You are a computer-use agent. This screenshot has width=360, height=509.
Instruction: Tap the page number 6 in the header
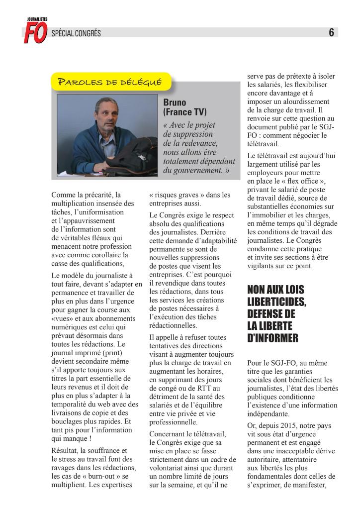click(x=331, y=33)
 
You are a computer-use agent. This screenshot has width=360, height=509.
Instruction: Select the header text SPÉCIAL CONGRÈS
click(x=76, y=33)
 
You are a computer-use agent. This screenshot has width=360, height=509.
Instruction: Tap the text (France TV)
click(x=184, y=112)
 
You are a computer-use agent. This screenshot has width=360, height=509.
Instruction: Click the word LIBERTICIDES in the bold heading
click(x=276, y=302)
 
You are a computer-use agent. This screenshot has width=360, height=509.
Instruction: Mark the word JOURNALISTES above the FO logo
click(x=37, y=19)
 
